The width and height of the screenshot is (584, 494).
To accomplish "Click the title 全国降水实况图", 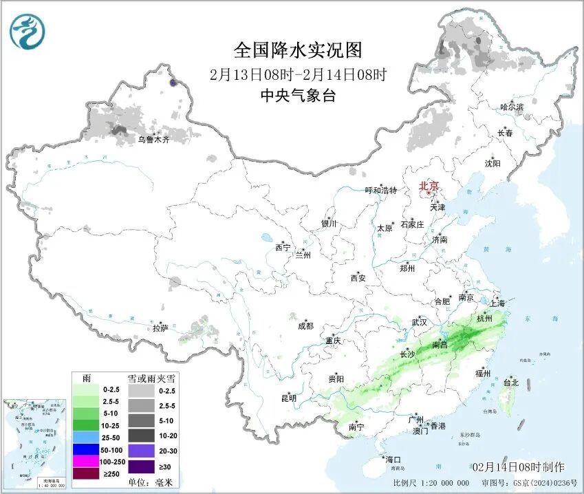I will pyautogui.click(x=297, y=50).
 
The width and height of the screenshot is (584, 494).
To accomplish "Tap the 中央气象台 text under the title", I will pyautogui.click(x=297, y=96).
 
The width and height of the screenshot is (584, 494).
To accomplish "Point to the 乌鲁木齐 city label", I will pyautogui.click(x=153, y=139).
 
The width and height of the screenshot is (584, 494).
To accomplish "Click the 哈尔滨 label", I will pyautogui.click(x=511, y=107).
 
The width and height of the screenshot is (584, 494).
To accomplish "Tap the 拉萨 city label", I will pyautogui.click(x=160, y=329).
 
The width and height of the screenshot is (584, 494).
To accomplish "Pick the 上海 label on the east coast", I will pyautogui.click(x=497, y=303).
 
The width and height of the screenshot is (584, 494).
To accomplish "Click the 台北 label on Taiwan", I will pyautogui.click(x=510, y=383).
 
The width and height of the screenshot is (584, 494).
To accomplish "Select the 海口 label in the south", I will pyautogui.click(x=393, y=459).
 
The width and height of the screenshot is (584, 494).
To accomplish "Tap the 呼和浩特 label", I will pyautogui.click(x=380, y=191).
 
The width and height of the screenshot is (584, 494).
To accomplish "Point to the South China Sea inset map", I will pyautogui.click(x=36, y=439).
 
